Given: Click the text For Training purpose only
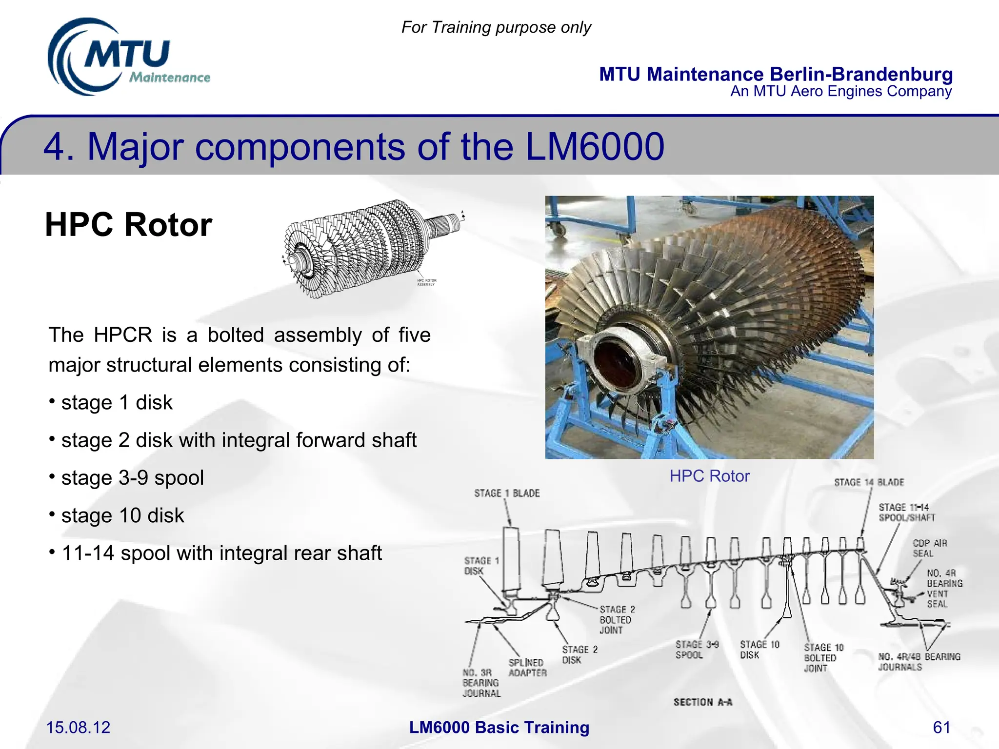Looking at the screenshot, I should [x=496, y=27].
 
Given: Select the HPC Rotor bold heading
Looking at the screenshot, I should [x=128, y=225].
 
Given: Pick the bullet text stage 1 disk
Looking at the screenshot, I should [x=117, y=403].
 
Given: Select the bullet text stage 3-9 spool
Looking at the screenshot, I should [x=132, y=478].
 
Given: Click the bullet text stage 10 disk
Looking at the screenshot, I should [x=122, y=516].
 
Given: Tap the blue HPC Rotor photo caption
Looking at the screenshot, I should [x=709, y=476].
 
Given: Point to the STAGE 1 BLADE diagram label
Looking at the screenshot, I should [x=507, y=493].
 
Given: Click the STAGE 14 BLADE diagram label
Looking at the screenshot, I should [x=869, y=482].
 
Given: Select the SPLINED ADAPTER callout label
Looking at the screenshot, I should [x=527, y=668].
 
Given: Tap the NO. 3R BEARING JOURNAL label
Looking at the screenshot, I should [x=481, y=683].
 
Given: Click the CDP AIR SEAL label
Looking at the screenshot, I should [x=929, y=548].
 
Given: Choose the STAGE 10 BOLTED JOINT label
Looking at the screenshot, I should [x=823, y=658].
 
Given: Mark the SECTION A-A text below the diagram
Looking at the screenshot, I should [x=702, y=702].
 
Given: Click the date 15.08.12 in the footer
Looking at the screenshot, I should [x=78, y=728].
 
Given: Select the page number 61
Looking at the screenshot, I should [x=941, y=728].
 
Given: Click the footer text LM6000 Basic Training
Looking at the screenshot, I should [x=499, y=728].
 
